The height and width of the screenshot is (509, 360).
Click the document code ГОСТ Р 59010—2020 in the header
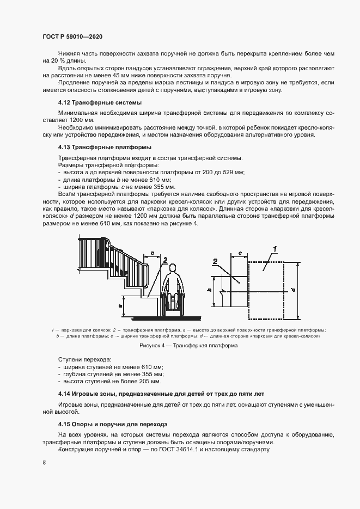(x=72, y=36)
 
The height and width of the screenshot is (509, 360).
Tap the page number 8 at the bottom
(x=44, y=463)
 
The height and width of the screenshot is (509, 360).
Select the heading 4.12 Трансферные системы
(x=100, y=102)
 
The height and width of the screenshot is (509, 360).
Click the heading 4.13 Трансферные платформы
(x=105, y=147)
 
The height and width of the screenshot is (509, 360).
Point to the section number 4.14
(x=66, y=393)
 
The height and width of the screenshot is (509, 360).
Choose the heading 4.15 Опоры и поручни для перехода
(x=113, y=424)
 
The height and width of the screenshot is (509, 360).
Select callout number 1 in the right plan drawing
(x=276, y=249)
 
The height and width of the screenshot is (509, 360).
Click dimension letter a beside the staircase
(x=120, y=306)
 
